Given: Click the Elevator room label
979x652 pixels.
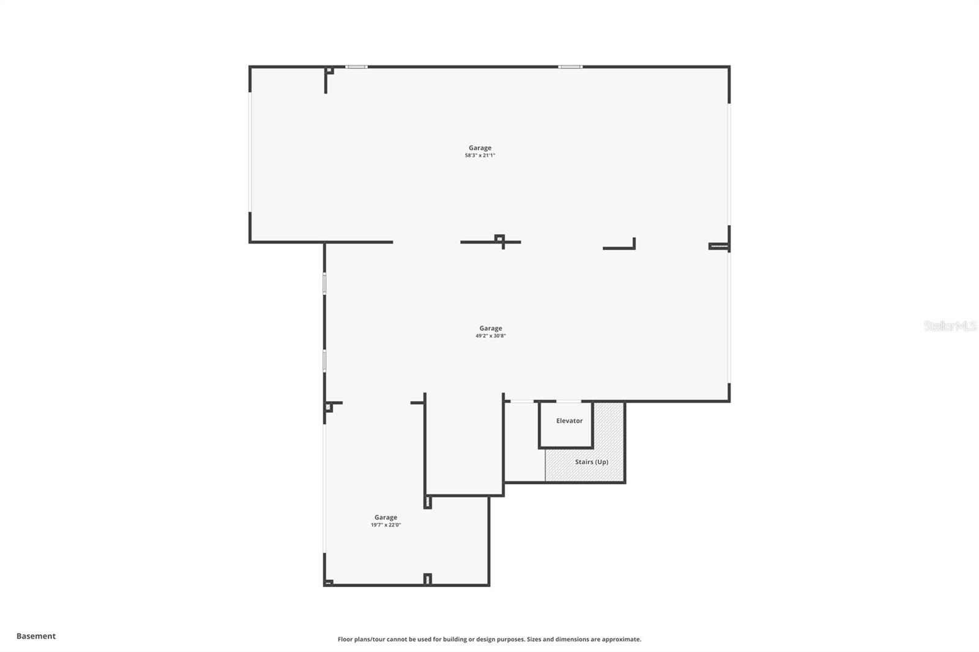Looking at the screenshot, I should pos(569,421).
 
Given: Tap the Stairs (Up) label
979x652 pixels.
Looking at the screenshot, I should pos(591,462).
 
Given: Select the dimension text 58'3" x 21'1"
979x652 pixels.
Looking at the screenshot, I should pos(480,155).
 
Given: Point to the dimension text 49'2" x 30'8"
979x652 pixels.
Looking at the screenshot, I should pos(491,336).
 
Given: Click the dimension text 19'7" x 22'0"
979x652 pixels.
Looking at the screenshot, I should pos(385,525).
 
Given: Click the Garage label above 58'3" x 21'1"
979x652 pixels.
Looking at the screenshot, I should pos(480,147).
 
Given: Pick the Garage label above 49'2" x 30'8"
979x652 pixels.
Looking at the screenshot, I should pos(491,328).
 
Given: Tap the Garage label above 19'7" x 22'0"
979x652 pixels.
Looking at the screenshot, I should pos(385,517).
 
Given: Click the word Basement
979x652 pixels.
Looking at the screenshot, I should pos(36,636).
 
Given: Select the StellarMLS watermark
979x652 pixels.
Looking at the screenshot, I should pos(950,327).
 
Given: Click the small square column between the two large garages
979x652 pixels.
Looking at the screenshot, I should pos(499,239).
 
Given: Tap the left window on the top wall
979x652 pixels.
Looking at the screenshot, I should pos(356,67).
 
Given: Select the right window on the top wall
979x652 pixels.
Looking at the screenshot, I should pos(570,67).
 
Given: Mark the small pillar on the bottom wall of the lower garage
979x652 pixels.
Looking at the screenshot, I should pos(428,579).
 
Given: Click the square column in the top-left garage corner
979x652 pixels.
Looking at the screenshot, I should pos(329,71).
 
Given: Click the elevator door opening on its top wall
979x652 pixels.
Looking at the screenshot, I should pos(568,402).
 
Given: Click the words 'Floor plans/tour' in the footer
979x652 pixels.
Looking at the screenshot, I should pos(361,639).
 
